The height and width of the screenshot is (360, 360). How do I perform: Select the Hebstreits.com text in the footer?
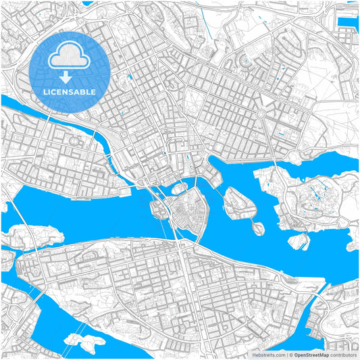269,354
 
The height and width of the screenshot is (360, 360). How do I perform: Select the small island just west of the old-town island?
159,210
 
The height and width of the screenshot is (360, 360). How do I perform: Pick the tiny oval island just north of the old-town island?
180,186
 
